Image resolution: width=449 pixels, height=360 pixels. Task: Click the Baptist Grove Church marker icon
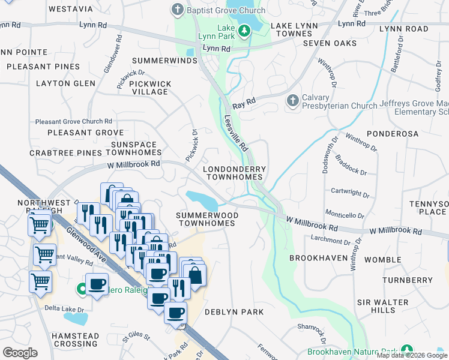(178, 10)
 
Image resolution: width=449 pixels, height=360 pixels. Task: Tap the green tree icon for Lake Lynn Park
(244, 30)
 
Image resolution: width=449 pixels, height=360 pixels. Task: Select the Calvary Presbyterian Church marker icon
(292, 101)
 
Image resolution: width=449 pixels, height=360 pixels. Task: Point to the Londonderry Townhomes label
(234, 173)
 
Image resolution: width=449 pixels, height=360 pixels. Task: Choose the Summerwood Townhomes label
(206, 219)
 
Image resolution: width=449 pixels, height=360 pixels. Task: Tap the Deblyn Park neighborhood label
(234, 312)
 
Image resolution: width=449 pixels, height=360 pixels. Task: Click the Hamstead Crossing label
(74, 340)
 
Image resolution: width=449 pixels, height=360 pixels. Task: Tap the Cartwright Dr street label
(350, 193)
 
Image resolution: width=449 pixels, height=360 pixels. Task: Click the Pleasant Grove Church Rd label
(74, 121)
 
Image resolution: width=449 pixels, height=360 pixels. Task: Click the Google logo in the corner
(20, 353)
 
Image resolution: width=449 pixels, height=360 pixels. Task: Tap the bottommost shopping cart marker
(40, 281)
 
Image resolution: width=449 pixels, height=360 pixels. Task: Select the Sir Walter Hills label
(384, 306)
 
